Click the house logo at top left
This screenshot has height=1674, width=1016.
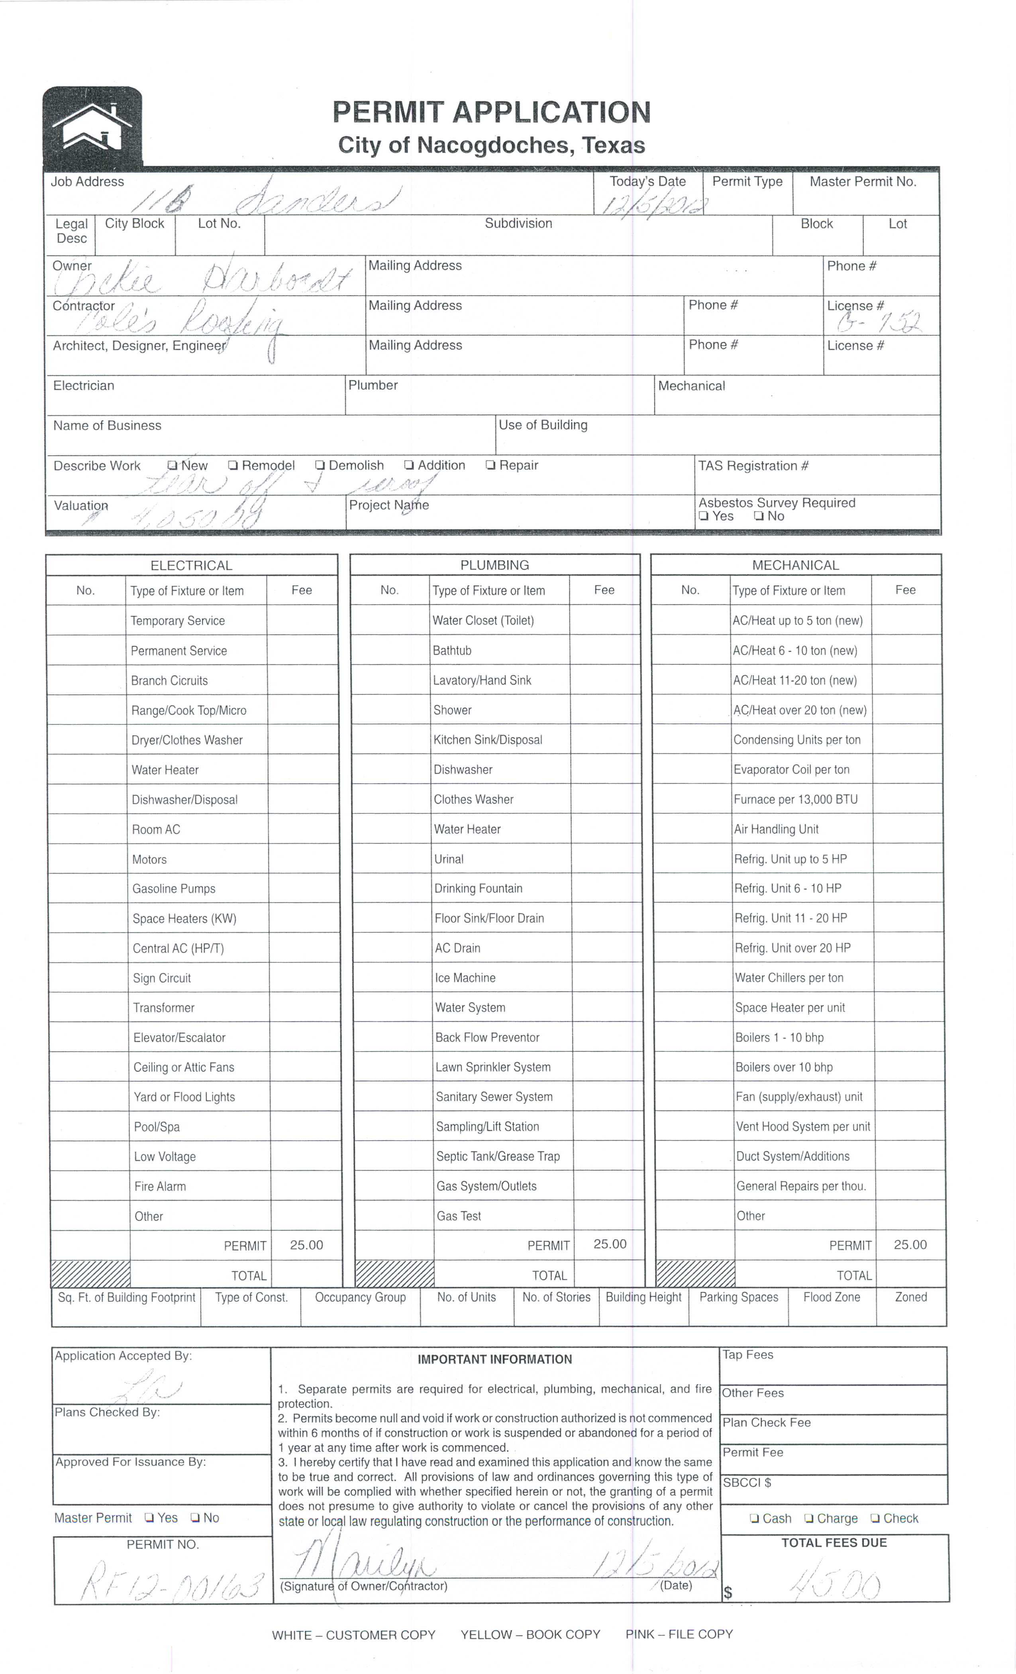(x=92, y=127)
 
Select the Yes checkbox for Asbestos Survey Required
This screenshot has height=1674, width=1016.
(x=704, y=516)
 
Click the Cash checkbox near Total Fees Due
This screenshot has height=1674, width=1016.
(x=754, y=1519)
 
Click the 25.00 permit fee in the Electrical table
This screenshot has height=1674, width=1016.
(x=306, y=1245)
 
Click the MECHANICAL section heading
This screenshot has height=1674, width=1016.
(x=795, y=565)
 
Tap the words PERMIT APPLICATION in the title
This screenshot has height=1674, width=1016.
(x=491, y=112)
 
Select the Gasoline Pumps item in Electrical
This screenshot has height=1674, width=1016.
(x=174, y=889)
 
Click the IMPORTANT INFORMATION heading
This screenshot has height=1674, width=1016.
(x=494, y=1360)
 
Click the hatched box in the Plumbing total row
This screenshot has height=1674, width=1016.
(x=394, y=1274)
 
